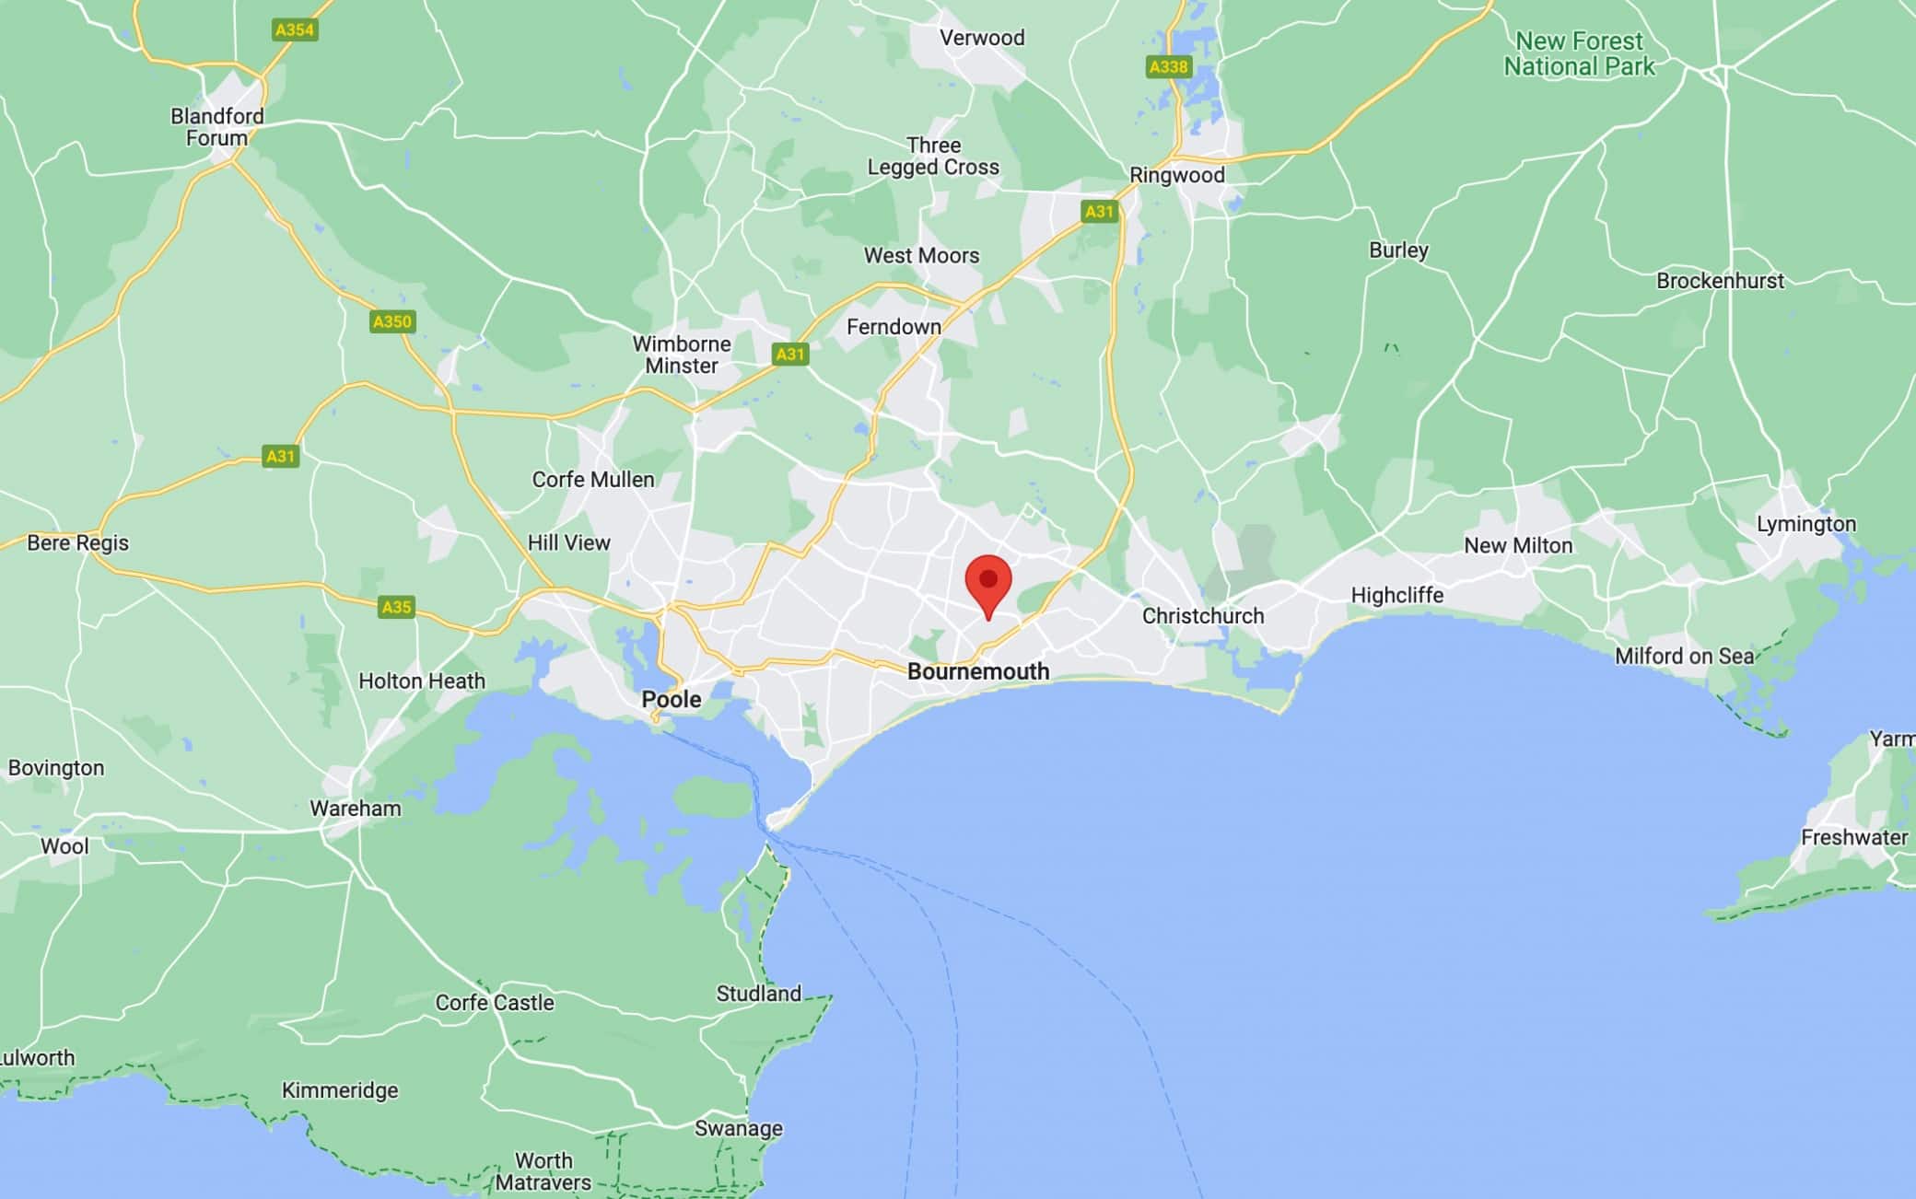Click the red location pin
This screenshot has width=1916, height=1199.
click(988, 583)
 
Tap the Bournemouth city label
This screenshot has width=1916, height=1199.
click(978, 671)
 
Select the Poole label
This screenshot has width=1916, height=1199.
click(672, 699)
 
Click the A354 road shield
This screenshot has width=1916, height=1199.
click(295, 29)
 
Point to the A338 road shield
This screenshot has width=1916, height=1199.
click(1169, 66)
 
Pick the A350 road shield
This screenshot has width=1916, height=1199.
click(392, 321)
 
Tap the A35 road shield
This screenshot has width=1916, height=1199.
click(396, 607)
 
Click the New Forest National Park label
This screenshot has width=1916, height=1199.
click(1579, 53)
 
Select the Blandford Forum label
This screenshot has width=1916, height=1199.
click(217, 127)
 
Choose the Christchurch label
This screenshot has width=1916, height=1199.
click(1203, 616)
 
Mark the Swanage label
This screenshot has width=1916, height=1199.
click(739, 1128)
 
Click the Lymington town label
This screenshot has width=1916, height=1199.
click(1806, 524)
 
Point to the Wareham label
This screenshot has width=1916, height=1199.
click(356, 809)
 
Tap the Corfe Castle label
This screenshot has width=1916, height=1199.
click(495, 1003)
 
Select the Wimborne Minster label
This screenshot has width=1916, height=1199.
click(682, 355)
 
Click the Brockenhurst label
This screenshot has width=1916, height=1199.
click(1720, 281)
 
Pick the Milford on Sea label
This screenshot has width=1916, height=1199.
click(1685, 656)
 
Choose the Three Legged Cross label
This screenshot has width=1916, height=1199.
click(933, 157)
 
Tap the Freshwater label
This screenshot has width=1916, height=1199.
click(1854, 837)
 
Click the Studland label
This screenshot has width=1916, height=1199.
click(759, 994)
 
